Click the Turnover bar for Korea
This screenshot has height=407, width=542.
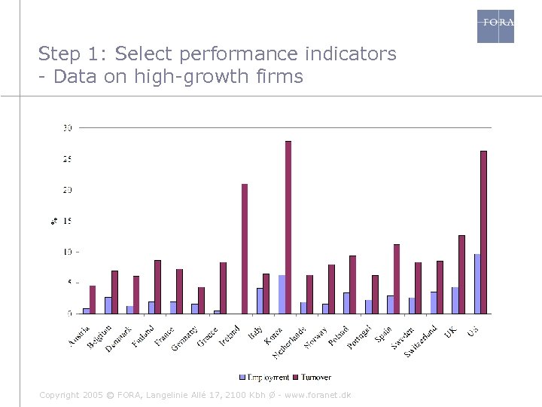(288, 227)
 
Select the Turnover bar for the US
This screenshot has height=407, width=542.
(484, 232)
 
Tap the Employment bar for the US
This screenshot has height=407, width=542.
(477, 283)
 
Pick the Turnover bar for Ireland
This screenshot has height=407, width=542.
(245, 249)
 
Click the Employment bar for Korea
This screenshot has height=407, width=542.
(282, 294)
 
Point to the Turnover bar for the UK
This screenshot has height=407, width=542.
(462, 274)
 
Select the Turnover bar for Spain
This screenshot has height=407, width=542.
(397, 279)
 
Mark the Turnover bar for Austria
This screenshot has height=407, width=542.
(93, 299)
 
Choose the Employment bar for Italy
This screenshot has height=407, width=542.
(260, 300)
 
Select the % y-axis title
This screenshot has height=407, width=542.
(54, 221)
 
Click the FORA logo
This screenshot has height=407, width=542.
(496, 26)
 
